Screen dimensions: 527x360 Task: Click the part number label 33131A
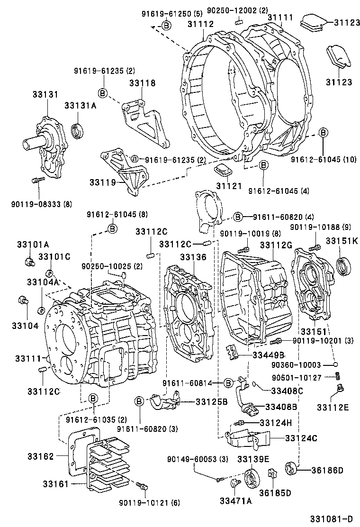click(x=81, y=106)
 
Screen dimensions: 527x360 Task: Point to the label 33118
click(x=142, y=83)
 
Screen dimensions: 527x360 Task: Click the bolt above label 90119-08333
click(x=37, y=180)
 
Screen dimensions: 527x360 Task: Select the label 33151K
click(x=341, y=241)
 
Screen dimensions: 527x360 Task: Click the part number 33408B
click(x=281, y=407)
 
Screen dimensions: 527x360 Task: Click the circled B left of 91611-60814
click(x=228, y=382)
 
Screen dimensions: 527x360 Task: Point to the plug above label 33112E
click(x=339, y=390)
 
